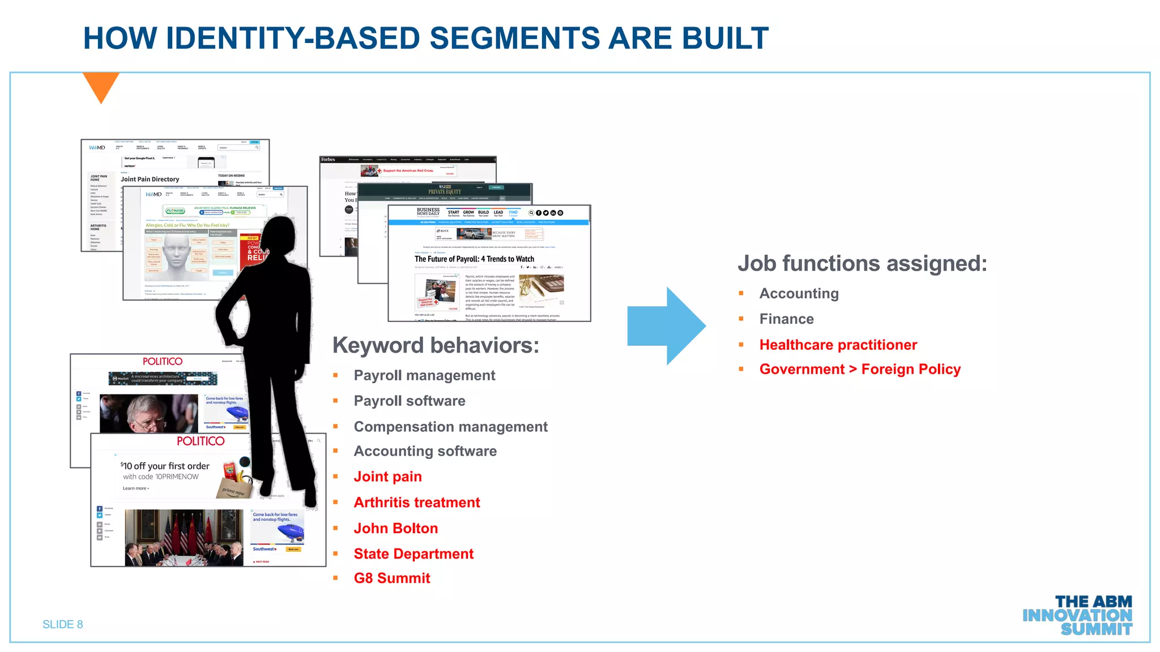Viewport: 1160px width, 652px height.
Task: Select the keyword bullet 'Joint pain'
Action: point(387,477)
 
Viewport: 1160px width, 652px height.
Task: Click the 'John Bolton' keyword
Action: point(395,528)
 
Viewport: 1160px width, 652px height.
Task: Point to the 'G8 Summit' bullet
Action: point(392,578)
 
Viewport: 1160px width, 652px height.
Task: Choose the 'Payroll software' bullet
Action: point(409,401)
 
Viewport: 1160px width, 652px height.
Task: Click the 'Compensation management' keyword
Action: point(450,427)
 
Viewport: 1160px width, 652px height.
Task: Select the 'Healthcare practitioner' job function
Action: point(838,345)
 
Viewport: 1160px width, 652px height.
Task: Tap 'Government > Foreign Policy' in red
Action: point(859,369)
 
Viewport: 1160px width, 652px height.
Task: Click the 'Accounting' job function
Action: point(799,293)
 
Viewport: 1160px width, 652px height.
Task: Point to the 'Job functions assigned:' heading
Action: point(862,264)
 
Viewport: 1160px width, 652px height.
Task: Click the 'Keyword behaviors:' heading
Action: point(436,345)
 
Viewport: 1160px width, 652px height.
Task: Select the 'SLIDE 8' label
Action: point(63,624)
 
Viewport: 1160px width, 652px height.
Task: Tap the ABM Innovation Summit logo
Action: point(1077,615)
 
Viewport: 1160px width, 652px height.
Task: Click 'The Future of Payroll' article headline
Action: point(474,259)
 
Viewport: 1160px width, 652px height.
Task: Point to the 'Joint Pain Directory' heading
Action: point(150,179)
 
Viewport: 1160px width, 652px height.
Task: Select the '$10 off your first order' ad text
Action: point(165,466)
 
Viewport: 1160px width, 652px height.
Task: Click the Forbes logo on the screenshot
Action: point(328,160)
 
